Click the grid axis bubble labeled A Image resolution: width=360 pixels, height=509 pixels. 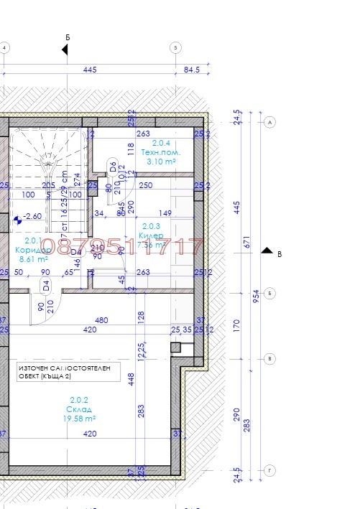tap(271, 122)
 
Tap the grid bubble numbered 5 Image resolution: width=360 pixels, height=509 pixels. tap(175, 48)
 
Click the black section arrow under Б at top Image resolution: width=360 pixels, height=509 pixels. tap(65, 49)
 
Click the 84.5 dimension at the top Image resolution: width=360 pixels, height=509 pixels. tap(192, 70)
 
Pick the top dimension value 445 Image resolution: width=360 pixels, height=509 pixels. tap(90, 70)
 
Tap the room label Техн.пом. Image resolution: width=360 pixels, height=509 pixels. tap(160, 153)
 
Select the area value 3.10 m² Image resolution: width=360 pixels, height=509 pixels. tap(160, 162)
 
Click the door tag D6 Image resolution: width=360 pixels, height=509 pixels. tap(113, 167)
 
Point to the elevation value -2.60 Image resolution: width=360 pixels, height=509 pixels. tap(32, 215)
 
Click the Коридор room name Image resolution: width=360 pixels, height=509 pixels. tap(32, 250)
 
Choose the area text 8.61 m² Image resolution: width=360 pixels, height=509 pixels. tap(32, 259)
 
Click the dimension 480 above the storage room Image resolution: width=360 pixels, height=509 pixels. tap(102, 321)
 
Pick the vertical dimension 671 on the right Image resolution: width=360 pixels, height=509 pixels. tap(246, 243)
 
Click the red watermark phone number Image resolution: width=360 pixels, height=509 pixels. tap(122, 247)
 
